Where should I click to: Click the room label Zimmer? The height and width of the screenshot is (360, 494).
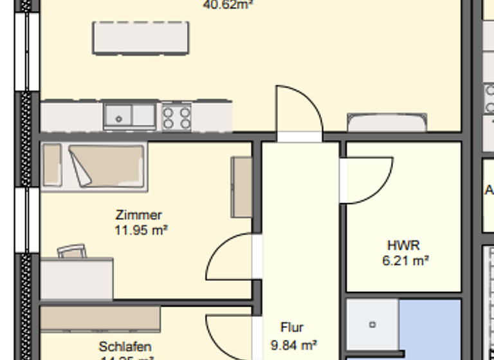click(139, 215)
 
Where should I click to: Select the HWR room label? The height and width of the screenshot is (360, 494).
click(403, 246)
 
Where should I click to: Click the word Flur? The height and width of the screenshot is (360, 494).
click(291, 328)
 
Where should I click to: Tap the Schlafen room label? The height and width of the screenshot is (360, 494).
click(125, 346)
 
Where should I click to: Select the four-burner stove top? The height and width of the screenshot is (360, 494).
click(176, 117)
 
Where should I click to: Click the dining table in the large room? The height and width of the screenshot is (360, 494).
click(141, 37)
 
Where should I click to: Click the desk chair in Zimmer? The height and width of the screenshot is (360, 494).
click(71, 251)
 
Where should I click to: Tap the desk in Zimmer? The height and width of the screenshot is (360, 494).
click(77, 278)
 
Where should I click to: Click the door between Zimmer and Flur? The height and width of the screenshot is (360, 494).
click(232, 257)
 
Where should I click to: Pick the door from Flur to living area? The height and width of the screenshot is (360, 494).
click(299, 111)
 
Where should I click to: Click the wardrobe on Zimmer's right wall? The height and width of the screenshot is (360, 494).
click(241, 187)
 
